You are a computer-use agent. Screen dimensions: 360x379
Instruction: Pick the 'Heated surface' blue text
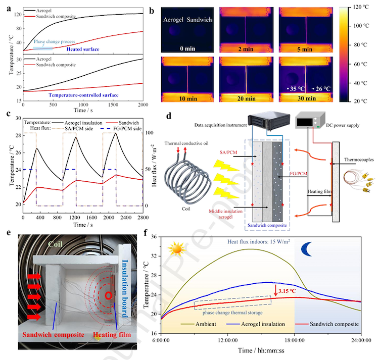tap(83, 49)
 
